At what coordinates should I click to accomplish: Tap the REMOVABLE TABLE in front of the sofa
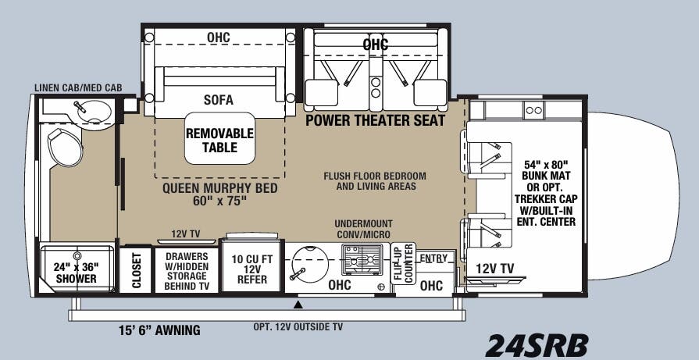(x=219, y=140)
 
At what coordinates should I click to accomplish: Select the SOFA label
(x=219, y=100)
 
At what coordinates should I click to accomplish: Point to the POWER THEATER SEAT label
(x=375, y=120)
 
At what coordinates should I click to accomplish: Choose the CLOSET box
(x=136, y=270)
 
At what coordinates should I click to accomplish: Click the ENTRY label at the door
(x=433, y=258)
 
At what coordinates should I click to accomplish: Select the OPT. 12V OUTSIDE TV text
(x=298, y=326)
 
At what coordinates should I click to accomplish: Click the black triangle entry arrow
(x=298, y=304)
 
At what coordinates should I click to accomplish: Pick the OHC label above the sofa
(x=219, y=36)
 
